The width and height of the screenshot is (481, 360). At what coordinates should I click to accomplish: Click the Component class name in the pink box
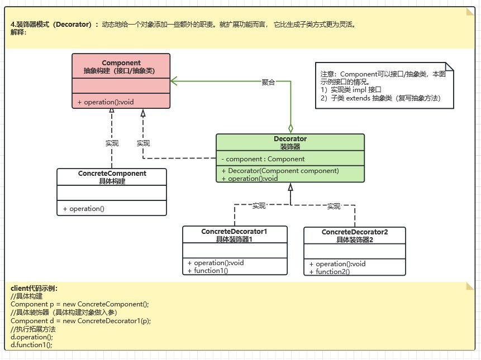tap(121, 63)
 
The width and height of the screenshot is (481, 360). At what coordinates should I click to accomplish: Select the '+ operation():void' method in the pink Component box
tap(105, 102)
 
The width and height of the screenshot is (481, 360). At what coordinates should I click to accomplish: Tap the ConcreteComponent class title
tap(112, 174)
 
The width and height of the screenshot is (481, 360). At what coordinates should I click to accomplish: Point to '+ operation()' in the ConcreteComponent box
tap(83, 209)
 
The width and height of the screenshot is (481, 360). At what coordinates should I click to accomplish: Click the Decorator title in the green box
tap(290, 139)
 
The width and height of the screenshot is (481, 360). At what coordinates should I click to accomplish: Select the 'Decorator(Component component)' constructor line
tap(280, 171)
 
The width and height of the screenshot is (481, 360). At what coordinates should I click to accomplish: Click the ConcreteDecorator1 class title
tap(235, 231)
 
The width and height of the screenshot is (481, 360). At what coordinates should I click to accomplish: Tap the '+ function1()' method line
tap(207, 271)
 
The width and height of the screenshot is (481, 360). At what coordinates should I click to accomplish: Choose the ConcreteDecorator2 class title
tap(355, 232)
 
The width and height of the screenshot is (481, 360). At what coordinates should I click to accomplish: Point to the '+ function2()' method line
tap(329, 272)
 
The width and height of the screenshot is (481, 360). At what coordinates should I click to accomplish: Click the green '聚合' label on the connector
tap(269, 82)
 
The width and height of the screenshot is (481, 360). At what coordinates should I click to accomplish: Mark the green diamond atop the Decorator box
tap(290, 128)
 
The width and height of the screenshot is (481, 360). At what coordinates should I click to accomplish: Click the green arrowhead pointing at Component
tap(174, 81)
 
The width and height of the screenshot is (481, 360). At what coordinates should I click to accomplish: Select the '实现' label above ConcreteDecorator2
tap(334, 207)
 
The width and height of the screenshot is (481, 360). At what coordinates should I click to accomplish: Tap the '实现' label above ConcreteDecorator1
tap(259, 206)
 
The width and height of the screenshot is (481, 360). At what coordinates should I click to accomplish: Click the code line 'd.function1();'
tap(31, 345)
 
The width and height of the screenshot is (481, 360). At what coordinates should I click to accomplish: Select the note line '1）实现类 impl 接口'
tap(351, 89)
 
